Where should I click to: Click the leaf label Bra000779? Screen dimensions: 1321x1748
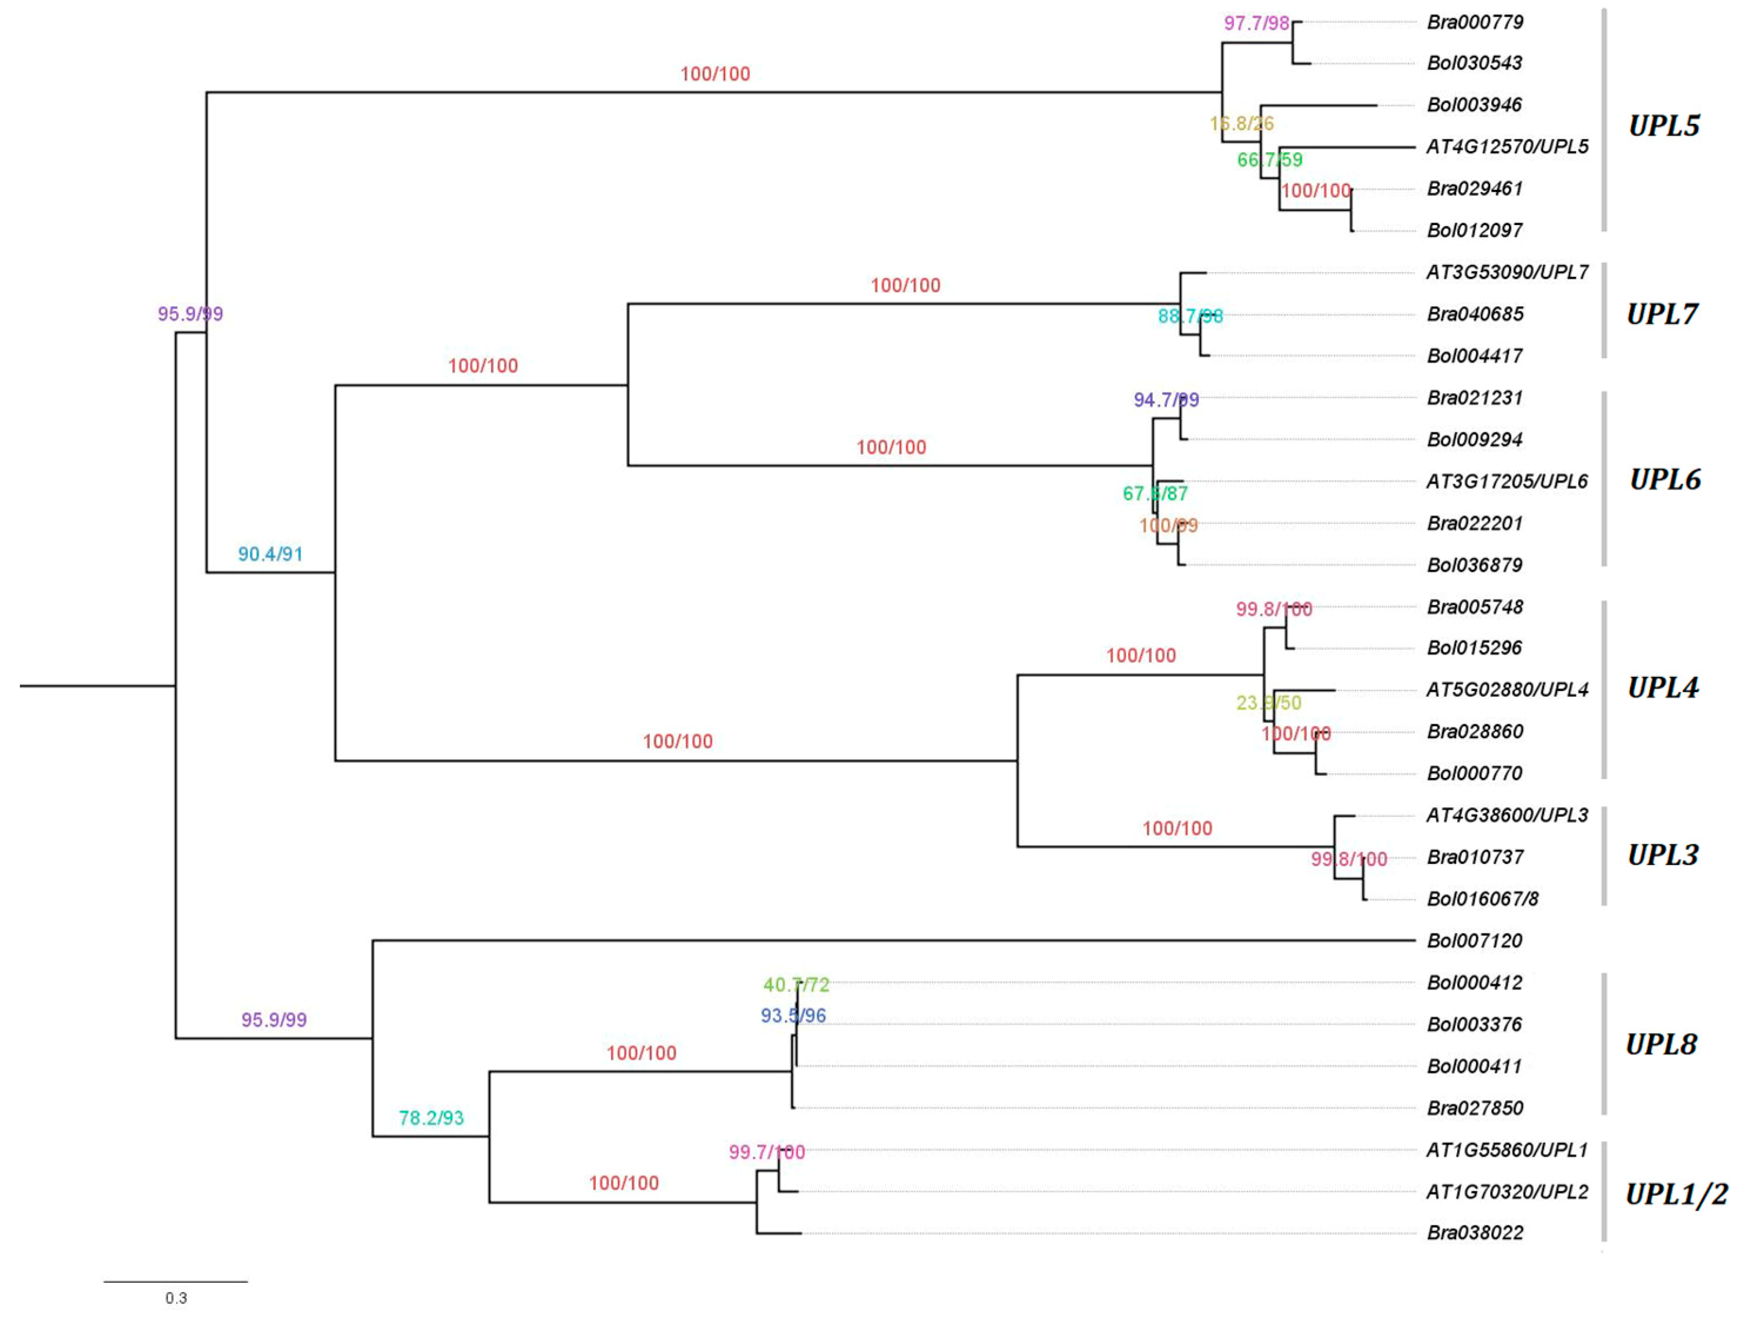click(1475, 22)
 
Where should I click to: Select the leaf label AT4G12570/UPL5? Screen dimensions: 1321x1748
click(1506, 147)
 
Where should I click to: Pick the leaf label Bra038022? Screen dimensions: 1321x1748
click(1475, 1232)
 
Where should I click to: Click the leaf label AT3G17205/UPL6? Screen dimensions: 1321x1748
click(1506, 481)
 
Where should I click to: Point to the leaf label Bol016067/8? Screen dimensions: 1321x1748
click(1482, 899)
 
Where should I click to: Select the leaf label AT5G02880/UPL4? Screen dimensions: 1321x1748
click(1506, 690)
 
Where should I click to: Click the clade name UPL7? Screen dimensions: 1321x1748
click(1662, 314)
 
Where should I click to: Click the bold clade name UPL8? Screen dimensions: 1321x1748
click(1661, 1044)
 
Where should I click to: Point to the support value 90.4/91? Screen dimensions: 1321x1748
click(270, 554)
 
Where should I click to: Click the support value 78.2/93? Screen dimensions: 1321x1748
click(431, 1118)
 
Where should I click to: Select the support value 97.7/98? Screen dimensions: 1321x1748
click(1256, 23)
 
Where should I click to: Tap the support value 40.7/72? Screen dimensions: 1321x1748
click(796, 985)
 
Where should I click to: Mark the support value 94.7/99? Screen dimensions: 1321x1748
click(1166, 400)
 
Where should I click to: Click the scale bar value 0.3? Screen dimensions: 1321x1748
click(176, 1298)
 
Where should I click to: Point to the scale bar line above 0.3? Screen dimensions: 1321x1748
click(176, 1282)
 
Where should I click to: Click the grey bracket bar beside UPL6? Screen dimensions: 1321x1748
click(1604, 479)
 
